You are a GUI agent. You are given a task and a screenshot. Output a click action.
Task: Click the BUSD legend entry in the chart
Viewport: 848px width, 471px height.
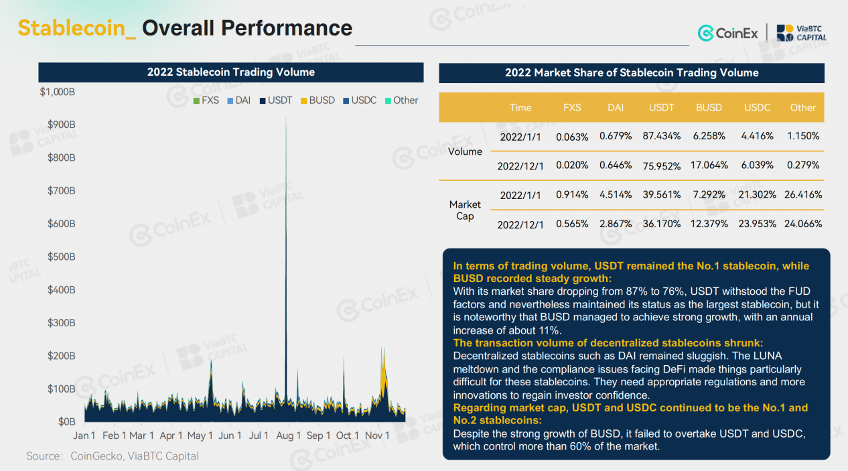tap(317, 100)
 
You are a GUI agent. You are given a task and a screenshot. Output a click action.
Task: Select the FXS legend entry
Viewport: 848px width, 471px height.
tap(206, 100)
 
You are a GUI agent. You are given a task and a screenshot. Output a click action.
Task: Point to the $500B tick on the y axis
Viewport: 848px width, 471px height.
tap(60, 257)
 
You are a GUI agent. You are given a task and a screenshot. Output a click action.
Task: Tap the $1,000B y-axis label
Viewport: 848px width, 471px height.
tap(58, 92)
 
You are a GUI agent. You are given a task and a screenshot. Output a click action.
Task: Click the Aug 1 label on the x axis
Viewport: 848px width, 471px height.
tap(289, 435)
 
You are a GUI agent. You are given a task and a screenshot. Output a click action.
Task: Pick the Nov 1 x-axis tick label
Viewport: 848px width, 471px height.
tap(377, 435)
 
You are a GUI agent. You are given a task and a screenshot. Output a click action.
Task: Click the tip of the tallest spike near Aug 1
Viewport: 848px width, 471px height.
tap(286, 118)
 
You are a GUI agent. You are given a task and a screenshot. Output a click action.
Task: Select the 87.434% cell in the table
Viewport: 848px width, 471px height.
tap(661, 136)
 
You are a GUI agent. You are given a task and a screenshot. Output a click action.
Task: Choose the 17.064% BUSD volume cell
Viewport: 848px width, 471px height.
tap(709, 165)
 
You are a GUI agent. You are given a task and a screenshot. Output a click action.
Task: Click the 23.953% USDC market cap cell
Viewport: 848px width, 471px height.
tap(757, 224)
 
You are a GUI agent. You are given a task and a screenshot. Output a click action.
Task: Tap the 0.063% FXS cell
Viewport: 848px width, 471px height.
tap(572, 137)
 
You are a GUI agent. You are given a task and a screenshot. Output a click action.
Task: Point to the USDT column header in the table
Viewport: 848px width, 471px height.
tap(661, 107)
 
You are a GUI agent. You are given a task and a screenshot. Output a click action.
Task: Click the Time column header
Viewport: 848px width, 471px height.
tap(520, 107)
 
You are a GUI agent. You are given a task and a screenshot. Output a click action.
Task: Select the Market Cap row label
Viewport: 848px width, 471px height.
tap(465, 210)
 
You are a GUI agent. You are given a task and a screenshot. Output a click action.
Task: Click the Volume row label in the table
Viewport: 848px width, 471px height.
tap(465, 151)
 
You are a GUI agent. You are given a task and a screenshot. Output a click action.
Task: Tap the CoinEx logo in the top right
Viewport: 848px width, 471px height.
tap(728, 32)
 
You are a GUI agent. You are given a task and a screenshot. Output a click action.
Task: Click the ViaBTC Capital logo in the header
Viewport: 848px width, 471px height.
tap(802, 32)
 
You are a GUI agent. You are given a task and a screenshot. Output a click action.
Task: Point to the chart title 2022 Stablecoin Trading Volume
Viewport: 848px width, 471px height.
tap(231, 72)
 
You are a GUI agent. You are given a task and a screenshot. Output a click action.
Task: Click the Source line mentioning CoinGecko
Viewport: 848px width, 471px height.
tap(113, 456)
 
